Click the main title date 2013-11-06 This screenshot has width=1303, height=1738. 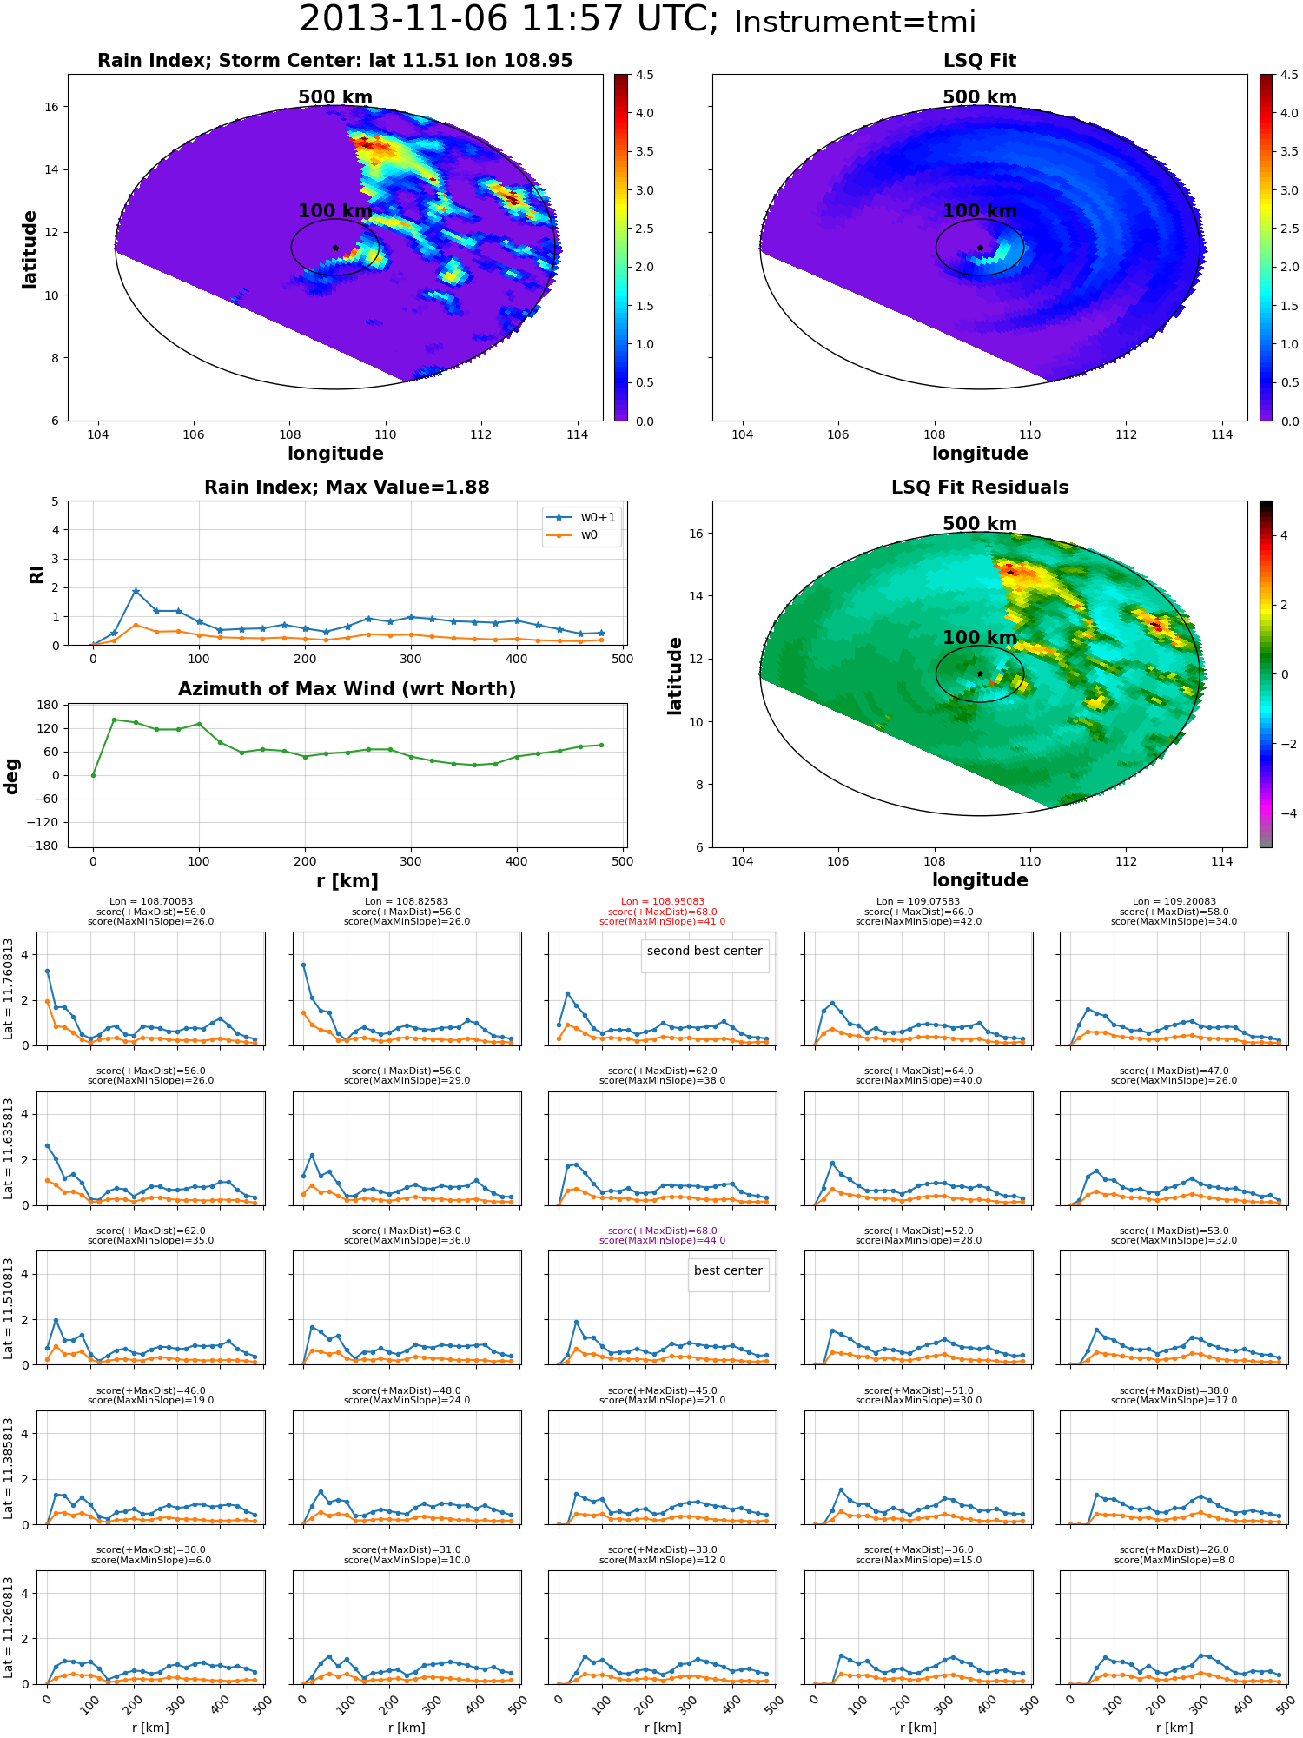[x=403, y=19]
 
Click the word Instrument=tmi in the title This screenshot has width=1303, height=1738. [x=855, y=22]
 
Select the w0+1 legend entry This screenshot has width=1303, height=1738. [x=581, y=517]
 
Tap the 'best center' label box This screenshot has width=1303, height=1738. [x=728, y=1270]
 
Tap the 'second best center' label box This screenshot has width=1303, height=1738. [x=704, y=951]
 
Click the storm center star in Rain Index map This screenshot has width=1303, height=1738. [x=335, y=248]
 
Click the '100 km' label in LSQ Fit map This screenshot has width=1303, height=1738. [x=980, y=211]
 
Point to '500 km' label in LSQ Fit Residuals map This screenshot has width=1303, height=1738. [x=980, y=524]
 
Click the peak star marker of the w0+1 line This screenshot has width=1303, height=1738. [x=136, y=591]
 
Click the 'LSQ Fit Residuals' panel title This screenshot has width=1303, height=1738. [x=980, y=488]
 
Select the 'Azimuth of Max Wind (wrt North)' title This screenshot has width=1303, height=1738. [x=347, y=689]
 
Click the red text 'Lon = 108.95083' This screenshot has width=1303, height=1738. [x=663, y=902]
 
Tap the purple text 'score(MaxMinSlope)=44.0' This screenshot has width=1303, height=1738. [x=663, y=1241]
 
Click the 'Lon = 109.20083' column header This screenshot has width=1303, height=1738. [x=1174, y=902]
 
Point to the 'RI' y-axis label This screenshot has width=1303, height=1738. [x=36, y=574]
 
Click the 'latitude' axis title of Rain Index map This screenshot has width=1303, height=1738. [x=30, y=249]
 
